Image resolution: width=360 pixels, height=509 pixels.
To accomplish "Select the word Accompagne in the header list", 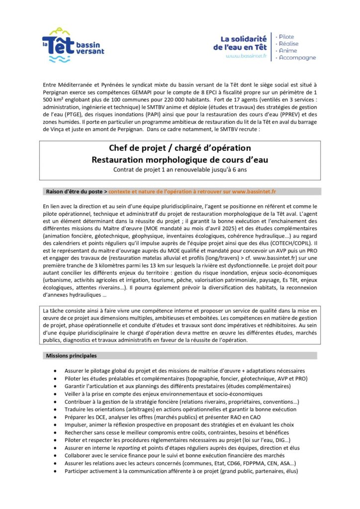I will pyautogui.click(x=297, y=58).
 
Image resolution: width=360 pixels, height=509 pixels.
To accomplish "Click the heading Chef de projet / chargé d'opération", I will pyautogui.click(x=180, y=148).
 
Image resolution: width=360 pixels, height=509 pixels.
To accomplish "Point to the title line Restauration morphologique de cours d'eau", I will pyautogui.click(x=180, y=159).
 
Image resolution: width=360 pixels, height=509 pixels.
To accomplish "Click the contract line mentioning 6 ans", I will pyautogui.click(x=180, y=170).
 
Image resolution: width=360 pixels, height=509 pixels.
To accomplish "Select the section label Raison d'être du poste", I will pyautogui.click(x=74, y=191).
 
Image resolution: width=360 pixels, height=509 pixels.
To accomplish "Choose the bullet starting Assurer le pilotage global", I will pyautogui.click(x=184, y=371).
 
